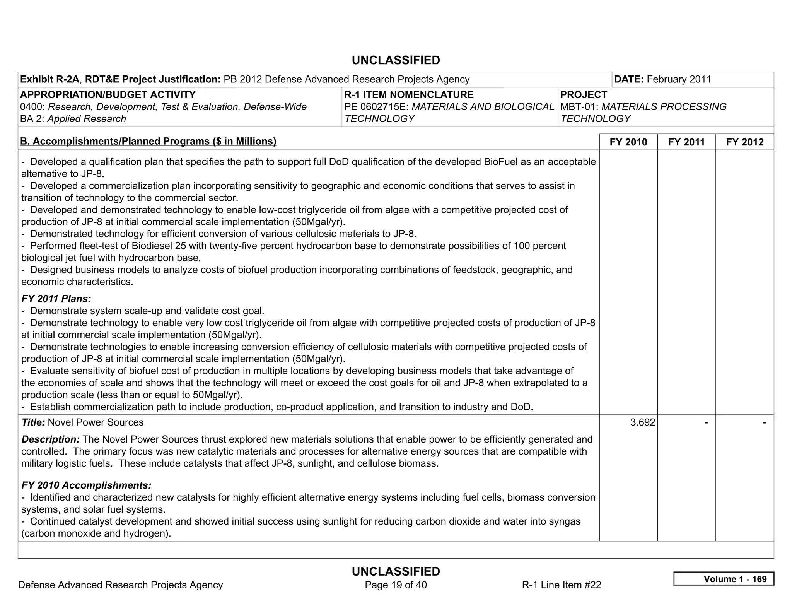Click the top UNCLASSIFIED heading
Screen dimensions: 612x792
pos(396,60)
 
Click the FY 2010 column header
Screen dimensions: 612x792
pos(628,142)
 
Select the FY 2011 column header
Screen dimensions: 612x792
pos(686,142)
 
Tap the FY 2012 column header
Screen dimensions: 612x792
pos(745,142)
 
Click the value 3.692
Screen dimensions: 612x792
pos(642,422)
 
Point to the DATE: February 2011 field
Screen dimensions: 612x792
pos(662,80)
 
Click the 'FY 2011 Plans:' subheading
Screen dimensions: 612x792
pos(56,299)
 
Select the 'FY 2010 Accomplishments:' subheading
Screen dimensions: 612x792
pos(86,485)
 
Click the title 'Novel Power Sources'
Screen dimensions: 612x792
pos(95,422)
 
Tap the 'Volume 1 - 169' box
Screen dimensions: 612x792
pos(724,579)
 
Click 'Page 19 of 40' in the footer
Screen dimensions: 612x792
pos(396,585)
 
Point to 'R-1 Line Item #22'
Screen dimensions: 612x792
pos(562,585)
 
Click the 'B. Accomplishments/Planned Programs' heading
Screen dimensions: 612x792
pos(148,141)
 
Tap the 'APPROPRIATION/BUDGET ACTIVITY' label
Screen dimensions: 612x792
pos(108,95)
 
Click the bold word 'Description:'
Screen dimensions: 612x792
pos(51,439)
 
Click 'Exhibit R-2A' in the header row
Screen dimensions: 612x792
pos(49,80)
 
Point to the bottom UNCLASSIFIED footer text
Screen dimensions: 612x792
pos(396,571)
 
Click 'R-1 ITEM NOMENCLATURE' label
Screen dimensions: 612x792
pos(409,95)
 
